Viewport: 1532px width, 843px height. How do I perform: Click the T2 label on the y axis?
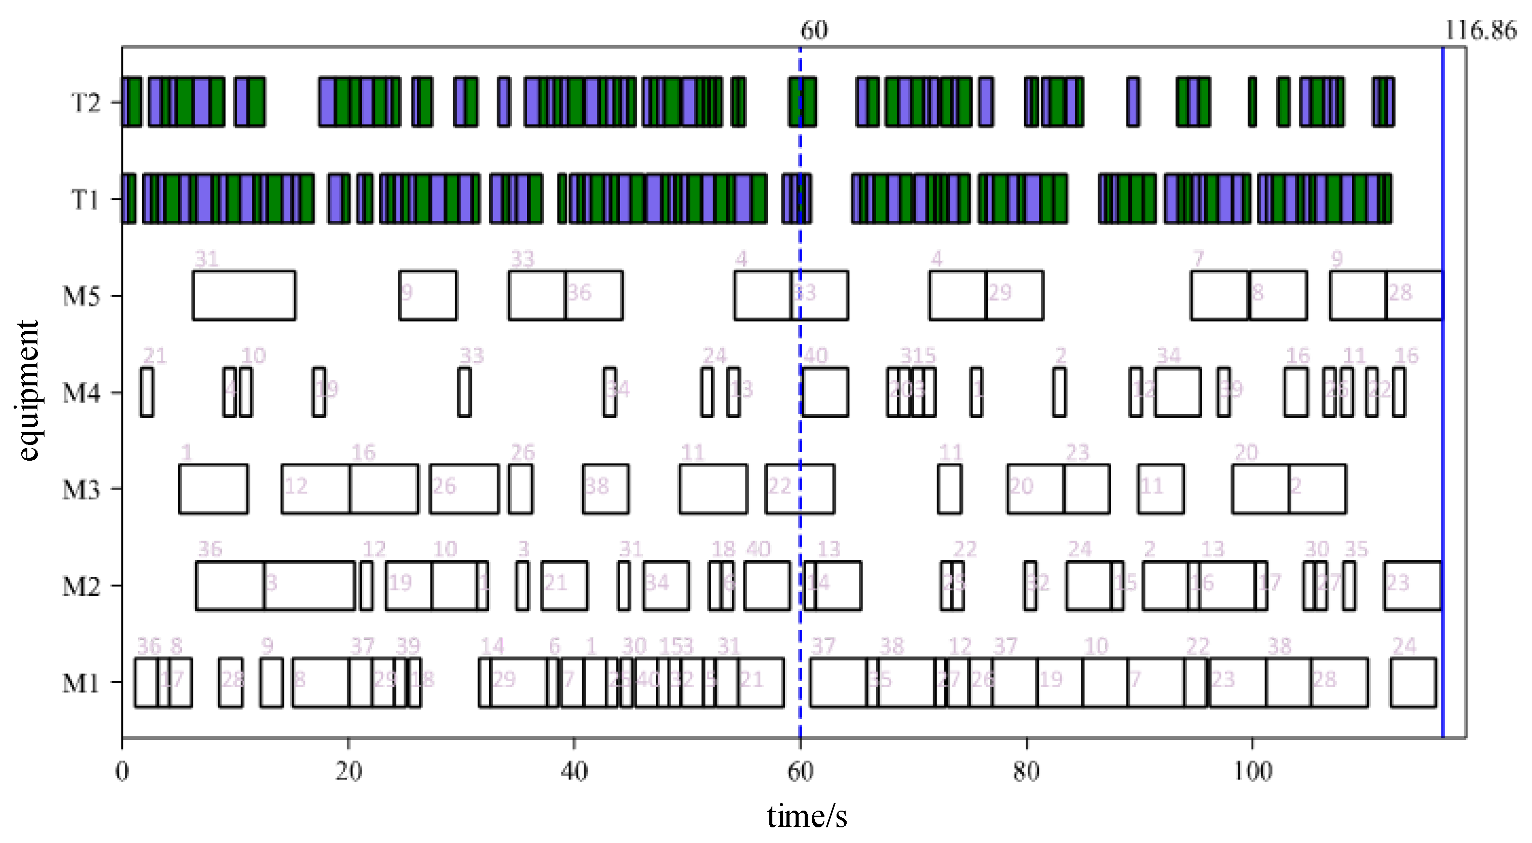[85, 102]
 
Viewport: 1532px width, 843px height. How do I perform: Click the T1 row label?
[85, 199]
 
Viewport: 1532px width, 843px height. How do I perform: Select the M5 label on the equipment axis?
[81, 295]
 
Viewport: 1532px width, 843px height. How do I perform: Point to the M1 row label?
[81, 683]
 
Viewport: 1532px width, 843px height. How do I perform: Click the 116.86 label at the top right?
[1480, 30]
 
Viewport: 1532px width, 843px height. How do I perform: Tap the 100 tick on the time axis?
[1252, 771]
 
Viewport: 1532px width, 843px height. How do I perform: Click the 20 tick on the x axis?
[348, 771]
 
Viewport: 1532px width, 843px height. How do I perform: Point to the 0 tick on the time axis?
[122, 771]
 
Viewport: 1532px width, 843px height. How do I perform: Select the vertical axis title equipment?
[27, 390]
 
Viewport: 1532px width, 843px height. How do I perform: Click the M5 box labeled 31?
[244, 295]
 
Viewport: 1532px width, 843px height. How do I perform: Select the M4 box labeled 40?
[825, 392]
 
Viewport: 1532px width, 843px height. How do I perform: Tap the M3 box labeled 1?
[213, 489]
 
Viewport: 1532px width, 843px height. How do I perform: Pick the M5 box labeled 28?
[1414, 295]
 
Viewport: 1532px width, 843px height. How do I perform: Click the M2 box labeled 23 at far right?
[1413, 586]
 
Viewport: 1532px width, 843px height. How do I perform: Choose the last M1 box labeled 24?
[1413, 683]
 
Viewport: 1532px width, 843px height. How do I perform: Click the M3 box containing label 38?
[605, 489]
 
